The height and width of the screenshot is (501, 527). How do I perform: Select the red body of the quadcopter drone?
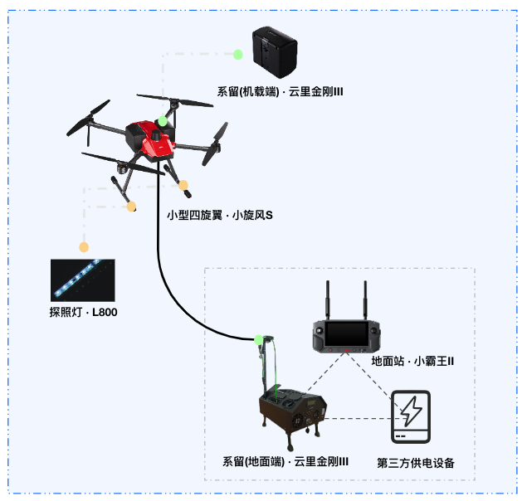153,139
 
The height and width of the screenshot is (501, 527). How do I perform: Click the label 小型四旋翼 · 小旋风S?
219,215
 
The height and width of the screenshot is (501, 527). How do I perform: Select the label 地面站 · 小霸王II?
412,362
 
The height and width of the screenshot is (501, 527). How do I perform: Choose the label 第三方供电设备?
416,462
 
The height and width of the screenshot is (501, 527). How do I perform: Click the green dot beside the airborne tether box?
238,55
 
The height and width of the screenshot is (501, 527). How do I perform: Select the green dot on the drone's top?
163,121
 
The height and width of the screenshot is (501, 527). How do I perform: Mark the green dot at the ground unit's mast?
259,339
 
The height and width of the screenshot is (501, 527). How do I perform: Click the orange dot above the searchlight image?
84,247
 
